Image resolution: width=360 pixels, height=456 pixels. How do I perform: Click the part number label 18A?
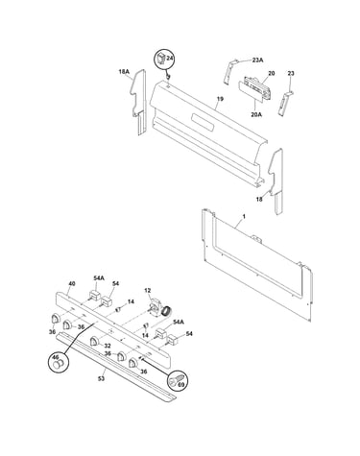124,72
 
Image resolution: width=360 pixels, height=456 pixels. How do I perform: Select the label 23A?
257,60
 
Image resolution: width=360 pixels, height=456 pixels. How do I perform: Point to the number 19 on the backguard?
220,99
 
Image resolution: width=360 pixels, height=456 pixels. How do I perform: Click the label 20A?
256,114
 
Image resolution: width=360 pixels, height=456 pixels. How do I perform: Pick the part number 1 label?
244,217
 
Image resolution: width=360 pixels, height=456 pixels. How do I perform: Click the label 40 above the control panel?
72,283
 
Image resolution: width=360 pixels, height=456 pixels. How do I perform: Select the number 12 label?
147,290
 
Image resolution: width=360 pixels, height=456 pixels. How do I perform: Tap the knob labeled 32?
94,341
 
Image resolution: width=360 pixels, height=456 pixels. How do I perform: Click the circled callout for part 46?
59,364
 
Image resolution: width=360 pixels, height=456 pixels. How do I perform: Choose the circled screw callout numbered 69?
178,380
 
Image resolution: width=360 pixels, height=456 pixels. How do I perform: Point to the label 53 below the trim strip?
101,378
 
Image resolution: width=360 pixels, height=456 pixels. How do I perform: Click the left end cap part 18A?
139,102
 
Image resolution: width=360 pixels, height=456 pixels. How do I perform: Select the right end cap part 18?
276,180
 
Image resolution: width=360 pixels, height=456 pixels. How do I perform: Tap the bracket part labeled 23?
284,103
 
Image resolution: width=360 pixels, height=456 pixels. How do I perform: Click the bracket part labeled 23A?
229,71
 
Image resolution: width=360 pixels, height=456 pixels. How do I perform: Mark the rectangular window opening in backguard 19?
203,122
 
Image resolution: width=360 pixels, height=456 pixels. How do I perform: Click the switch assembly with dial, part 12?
160,308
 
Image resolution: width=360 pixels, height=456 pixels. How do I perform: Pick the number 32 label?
108,346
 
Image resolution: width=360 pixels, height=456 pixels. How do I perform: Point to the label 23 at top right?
291,73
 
